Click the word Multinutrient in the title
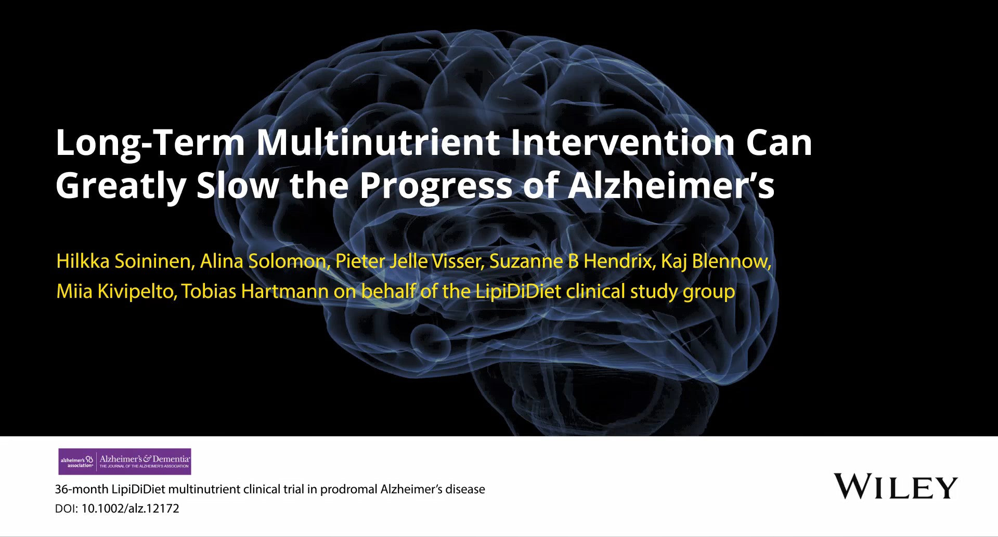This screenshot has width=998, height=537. coord(378,142)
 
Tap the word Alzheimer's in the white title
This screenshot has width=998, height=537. coord(671,185)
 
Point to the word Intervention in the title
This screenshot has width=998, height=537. coord(623,142)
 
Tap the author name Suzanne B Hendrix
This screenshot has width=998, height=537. coord(571,261)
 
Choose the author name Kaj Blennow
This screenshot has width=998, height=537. coord(715,261)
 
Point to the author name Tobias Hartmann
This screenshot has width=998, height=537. coord(255,292)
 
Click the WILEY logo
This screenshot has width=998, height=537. coord(896,487)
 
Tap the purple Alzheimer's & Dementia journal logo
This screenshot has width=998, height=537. coord(125,462)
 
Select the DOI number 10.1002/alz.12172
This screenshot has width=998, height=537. coord(131,508)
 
